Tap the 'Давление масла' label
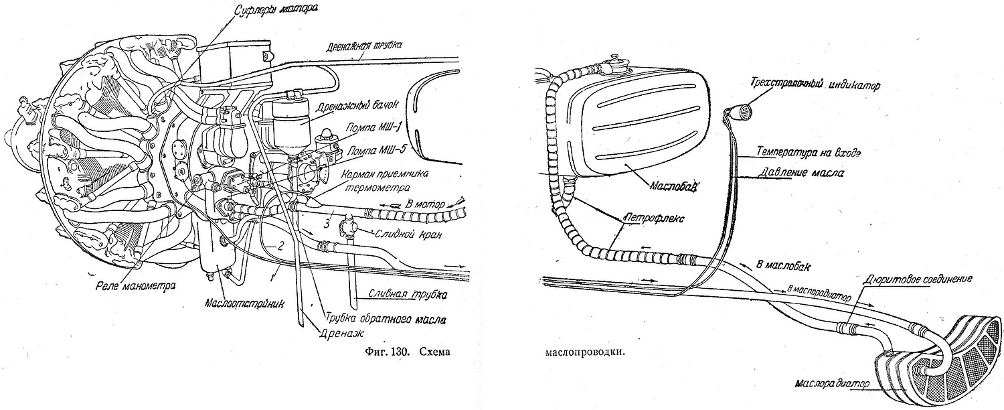click(x=801, y=173)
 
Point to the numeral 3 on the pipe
click(x=325, y=219)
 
